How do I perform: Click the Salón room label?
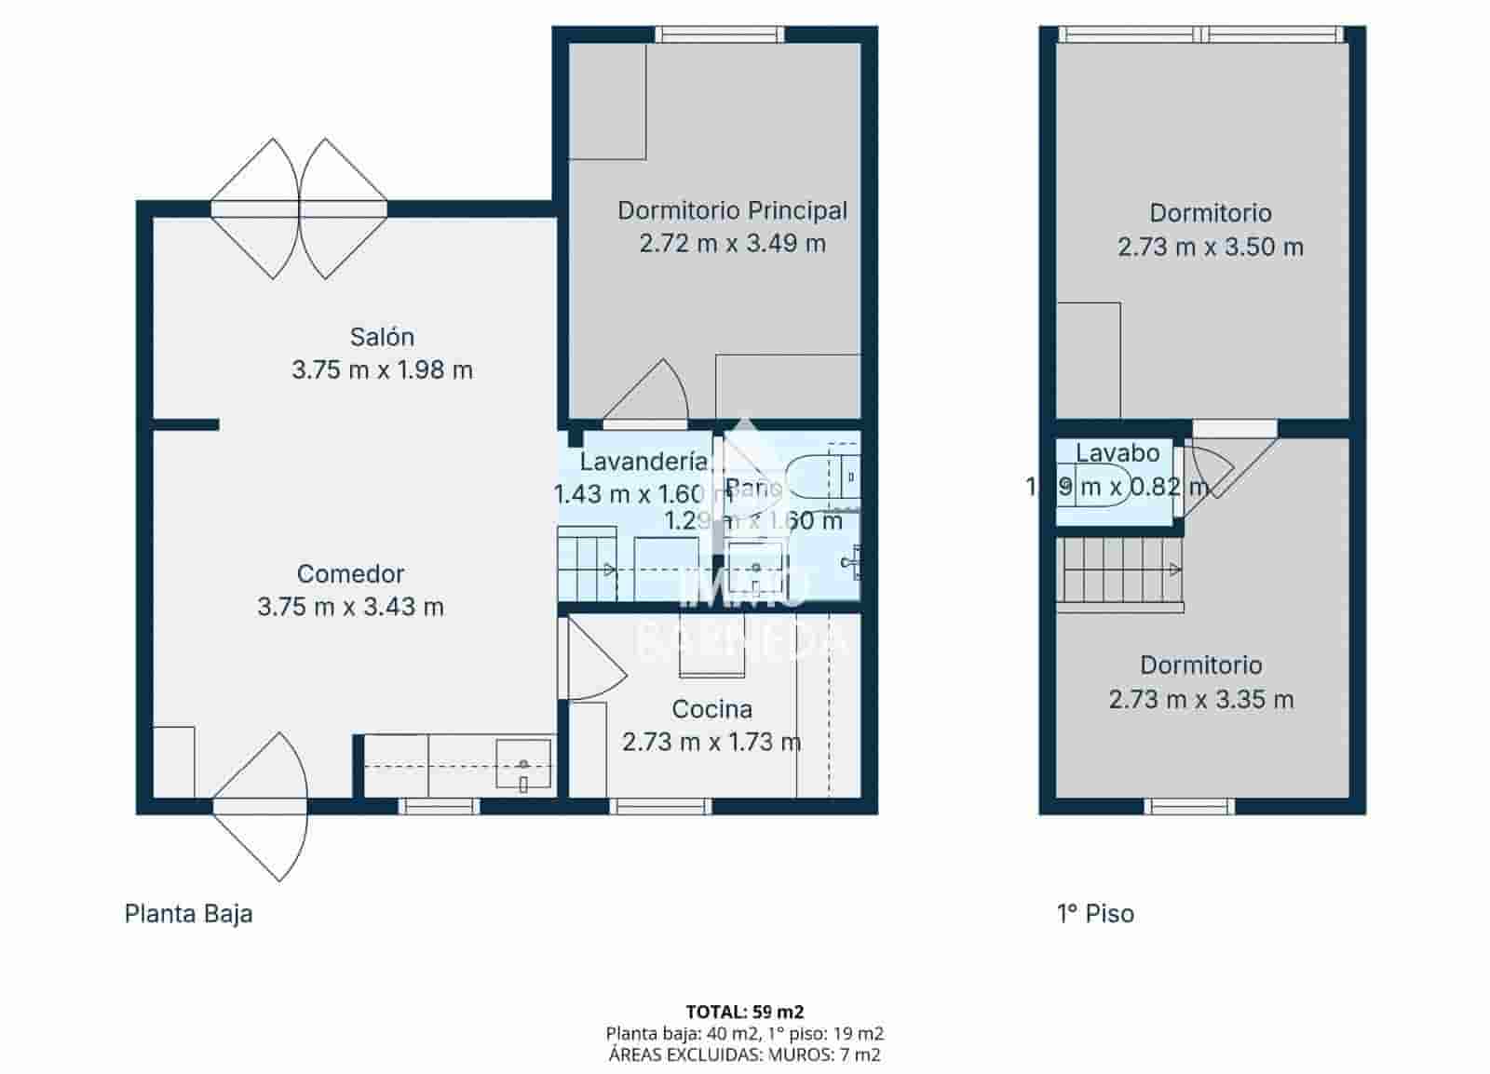tap(382, 337)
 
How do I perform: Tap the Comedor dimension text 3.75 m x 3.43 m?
tap(350, 607)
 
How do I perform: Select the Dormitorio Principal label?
tap(732, 210)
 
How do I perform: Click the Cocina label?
tap(711, 709)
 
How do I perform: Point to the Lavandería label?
tap(643, 461)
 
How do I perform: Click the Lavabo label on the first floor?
tap(1117, 453)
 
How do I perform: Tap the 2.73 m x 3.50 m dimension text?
tap(1210, 247)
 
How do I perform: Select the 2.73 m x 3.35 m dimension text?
tap(1200, 699)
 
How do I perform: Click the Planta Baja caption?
tap(188, 913)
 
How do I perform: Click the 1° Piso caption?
tap(1095, 913)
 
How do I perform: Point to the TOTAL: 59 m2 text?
tap(744, 1012)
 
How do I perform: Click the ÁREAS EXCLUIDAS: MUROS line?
tap(744, 1054)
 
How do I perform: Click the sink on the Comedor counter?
tap(523, 765)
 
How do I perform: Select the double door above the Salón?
tap(298, 209)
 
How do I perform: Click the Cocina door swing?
tap(591, 661)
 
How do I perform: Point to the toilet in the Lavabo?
tap(1104, 486)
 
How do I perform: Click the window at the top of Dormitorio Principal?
tap(719, 34)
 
